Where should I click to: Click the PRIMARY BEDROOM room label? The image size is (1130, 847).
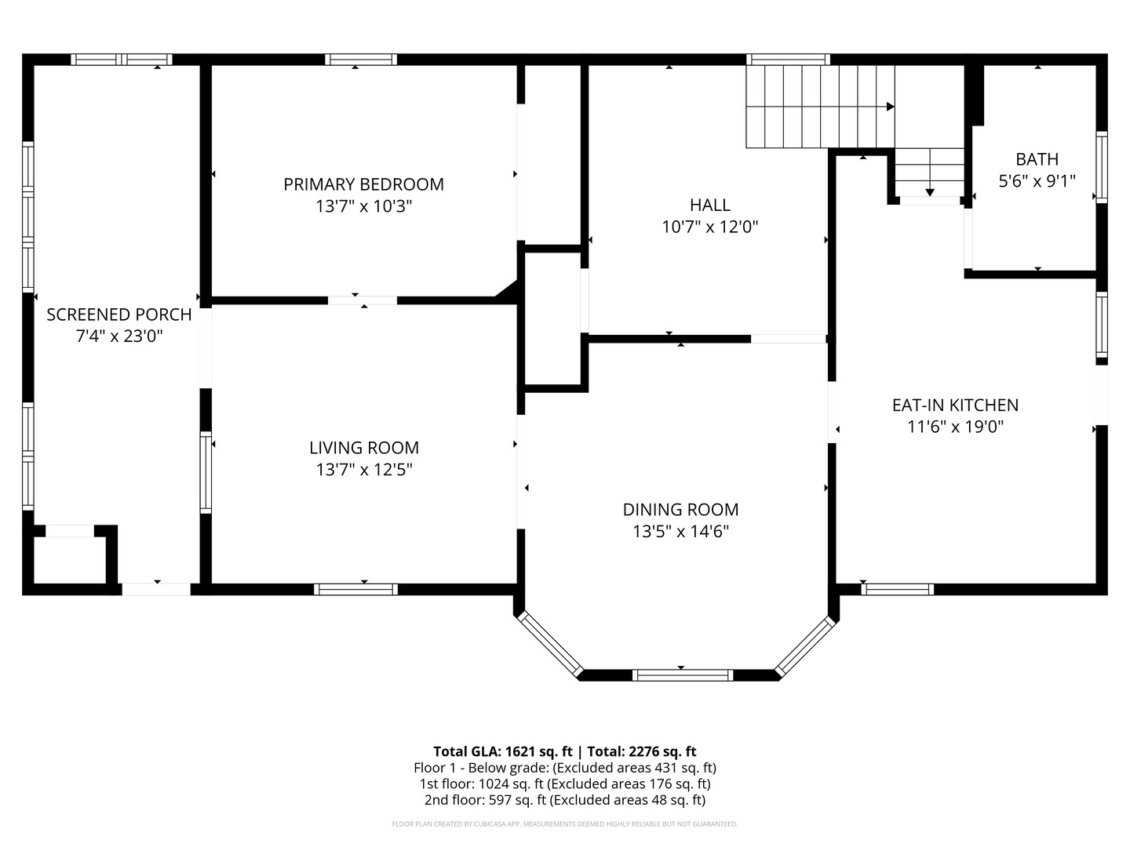363,184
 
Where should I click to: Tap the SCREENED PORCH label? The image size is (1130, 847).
119,314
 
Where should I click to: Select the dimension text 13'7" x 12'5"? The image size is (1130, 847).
364,470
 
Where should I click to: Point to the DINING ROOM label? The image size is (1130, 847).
680,510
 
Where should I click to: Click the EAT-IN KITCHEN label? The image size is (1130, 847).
955,405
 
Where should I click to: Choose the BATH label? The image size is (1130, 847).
1037,159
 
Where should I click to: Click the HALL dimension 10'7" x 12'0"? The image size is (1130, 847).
710,227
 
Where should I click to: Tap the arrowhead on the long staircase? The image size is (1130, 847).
890,107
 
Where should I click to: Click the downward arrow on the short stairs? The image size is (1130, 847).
930,192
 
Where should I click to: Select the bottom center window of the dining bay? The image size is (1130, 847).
682,675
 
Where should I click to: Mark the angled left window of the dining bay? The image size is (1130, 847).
550,643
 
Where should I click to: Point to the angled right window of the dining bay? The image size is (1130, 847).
804,646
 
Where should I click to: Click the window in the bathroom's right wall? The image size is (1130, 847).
1101,167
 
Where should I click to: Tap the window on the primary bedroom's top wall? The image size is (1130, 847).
361,60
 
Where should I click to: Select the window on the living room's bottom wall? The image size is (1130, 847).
355,589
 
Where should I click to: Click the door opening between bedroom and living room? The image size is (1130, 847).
363,300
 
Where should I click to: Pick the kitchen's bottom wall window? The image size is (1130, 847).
897,589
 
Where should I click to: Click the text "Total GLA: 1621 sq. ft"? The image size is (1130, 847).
502,752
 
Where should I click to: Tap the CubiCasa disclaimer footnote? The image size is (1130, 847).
565,823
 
